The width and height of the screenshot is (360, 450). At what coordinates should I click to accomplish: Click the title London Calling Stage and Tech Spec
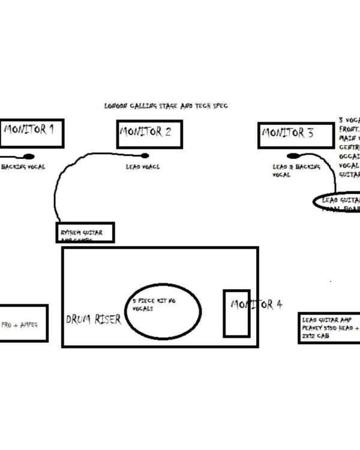click(x=166, y=106)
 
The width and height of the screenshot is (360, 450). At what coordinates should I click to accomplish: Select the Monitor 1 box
click(x=32, y=133)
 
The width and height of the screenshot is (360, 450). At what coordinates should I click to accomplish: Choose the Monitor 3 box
click(x=296, y=136)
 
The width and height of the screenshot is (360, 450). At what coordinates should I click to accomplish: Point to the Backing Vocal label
click(x=23, y=167)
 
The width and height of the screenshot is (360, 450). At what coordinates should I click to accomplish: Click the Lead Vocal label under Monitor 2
click(x=143, y=167)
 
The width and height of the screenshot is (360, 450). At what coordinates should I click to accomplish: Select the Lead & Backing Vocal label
click(x=296, y=170)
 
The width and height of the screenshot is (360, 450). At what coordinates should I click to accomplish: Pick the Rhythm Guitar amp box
click(x=85, y=233)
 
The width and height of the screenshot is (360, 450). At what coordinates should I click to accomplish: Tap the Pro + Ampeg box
click(x=23, y=323)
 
